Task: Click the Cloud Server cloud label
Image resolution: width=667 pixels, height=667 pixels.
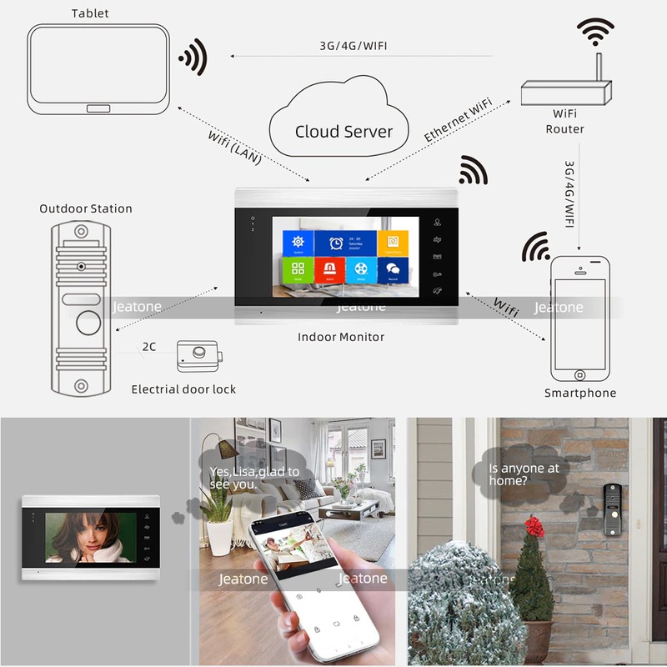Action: [x=344, y=132]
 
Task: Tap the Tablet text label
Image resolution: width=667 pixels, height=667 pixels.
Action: [x=89, y=13]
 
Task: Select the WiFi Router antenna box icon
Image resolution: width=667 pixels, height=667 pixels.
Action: [x=566, y=92]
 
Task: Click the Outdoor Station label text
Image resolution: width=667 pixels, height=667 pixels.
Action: [x=86, y=208]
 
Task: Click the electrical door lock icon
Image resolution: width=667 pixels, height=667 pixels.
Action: [x=200, y=356]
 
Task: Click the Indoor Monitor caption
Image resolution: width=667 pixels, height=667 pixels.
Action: [x=341, y=337]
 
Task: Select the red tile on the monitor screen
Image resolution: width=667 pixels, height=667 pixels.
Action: [x=329, y=270]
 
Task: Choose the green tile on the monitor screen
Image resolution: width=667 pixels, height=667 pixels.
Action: [x=298, y=270]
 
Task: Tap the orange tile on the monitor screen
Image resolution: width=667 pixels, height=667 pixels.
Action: [x=393, y=242]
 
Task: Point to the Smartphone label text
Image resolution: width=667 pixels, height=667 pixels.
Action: [x=580, y=393]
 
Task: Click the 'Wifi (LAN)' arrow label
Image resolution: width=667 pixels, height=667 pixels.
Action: [x=233, y=147]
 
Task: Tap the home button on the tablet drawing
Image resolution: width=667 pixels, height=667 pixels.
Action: [x=98, y=108]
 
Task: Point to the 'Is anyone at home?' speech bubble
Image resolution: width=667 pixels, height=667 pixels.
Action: [x=524, y=474]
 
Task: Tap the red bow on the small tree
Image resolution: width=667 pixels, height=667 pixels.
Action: [x=534, y=526]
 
